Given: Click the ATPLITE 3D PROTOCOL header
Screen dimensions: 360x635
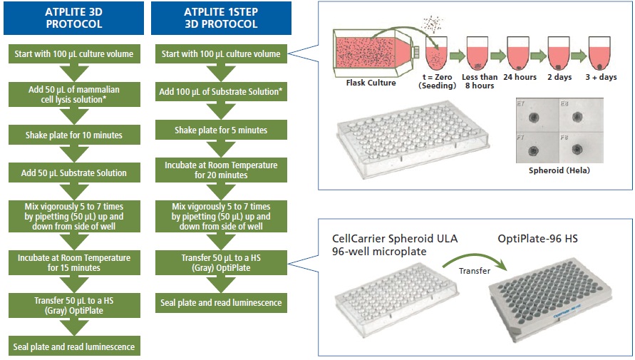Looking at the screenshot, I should pyautogui.click(x=73, y=17).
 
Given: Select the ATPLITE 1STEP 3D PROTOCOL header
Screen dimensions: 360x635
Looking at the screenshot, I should pyautogui.click(x=221, y=17).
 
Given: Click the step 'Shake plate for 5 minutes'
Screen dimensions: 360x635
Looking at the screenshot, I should pyautogui.click(x=221, y=130).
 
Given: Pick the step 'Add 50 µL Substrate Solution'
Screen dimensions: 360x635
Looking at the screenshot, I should pyautogui.click(x=73, y=173).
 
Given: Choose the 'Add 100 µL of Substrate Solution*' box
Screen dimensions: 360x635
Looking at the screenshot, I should pyautogui.click(x=221, y=92).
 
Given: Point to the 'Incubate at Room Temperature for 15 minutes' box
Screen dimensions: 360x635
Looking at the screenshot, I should pyautogui.click(x=73, y=262).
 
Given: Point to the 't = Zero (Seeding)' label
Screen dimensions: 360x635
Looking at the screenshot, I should pyautogui.click(x=435, y=81).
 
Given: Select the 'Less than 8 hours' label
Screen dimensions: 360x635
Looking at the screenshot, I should pyautogui.click(x=477, y=81).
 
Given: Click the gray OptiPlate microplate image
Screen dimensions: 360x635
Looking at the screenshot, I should pyautogui.click(x=552, y=299).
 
